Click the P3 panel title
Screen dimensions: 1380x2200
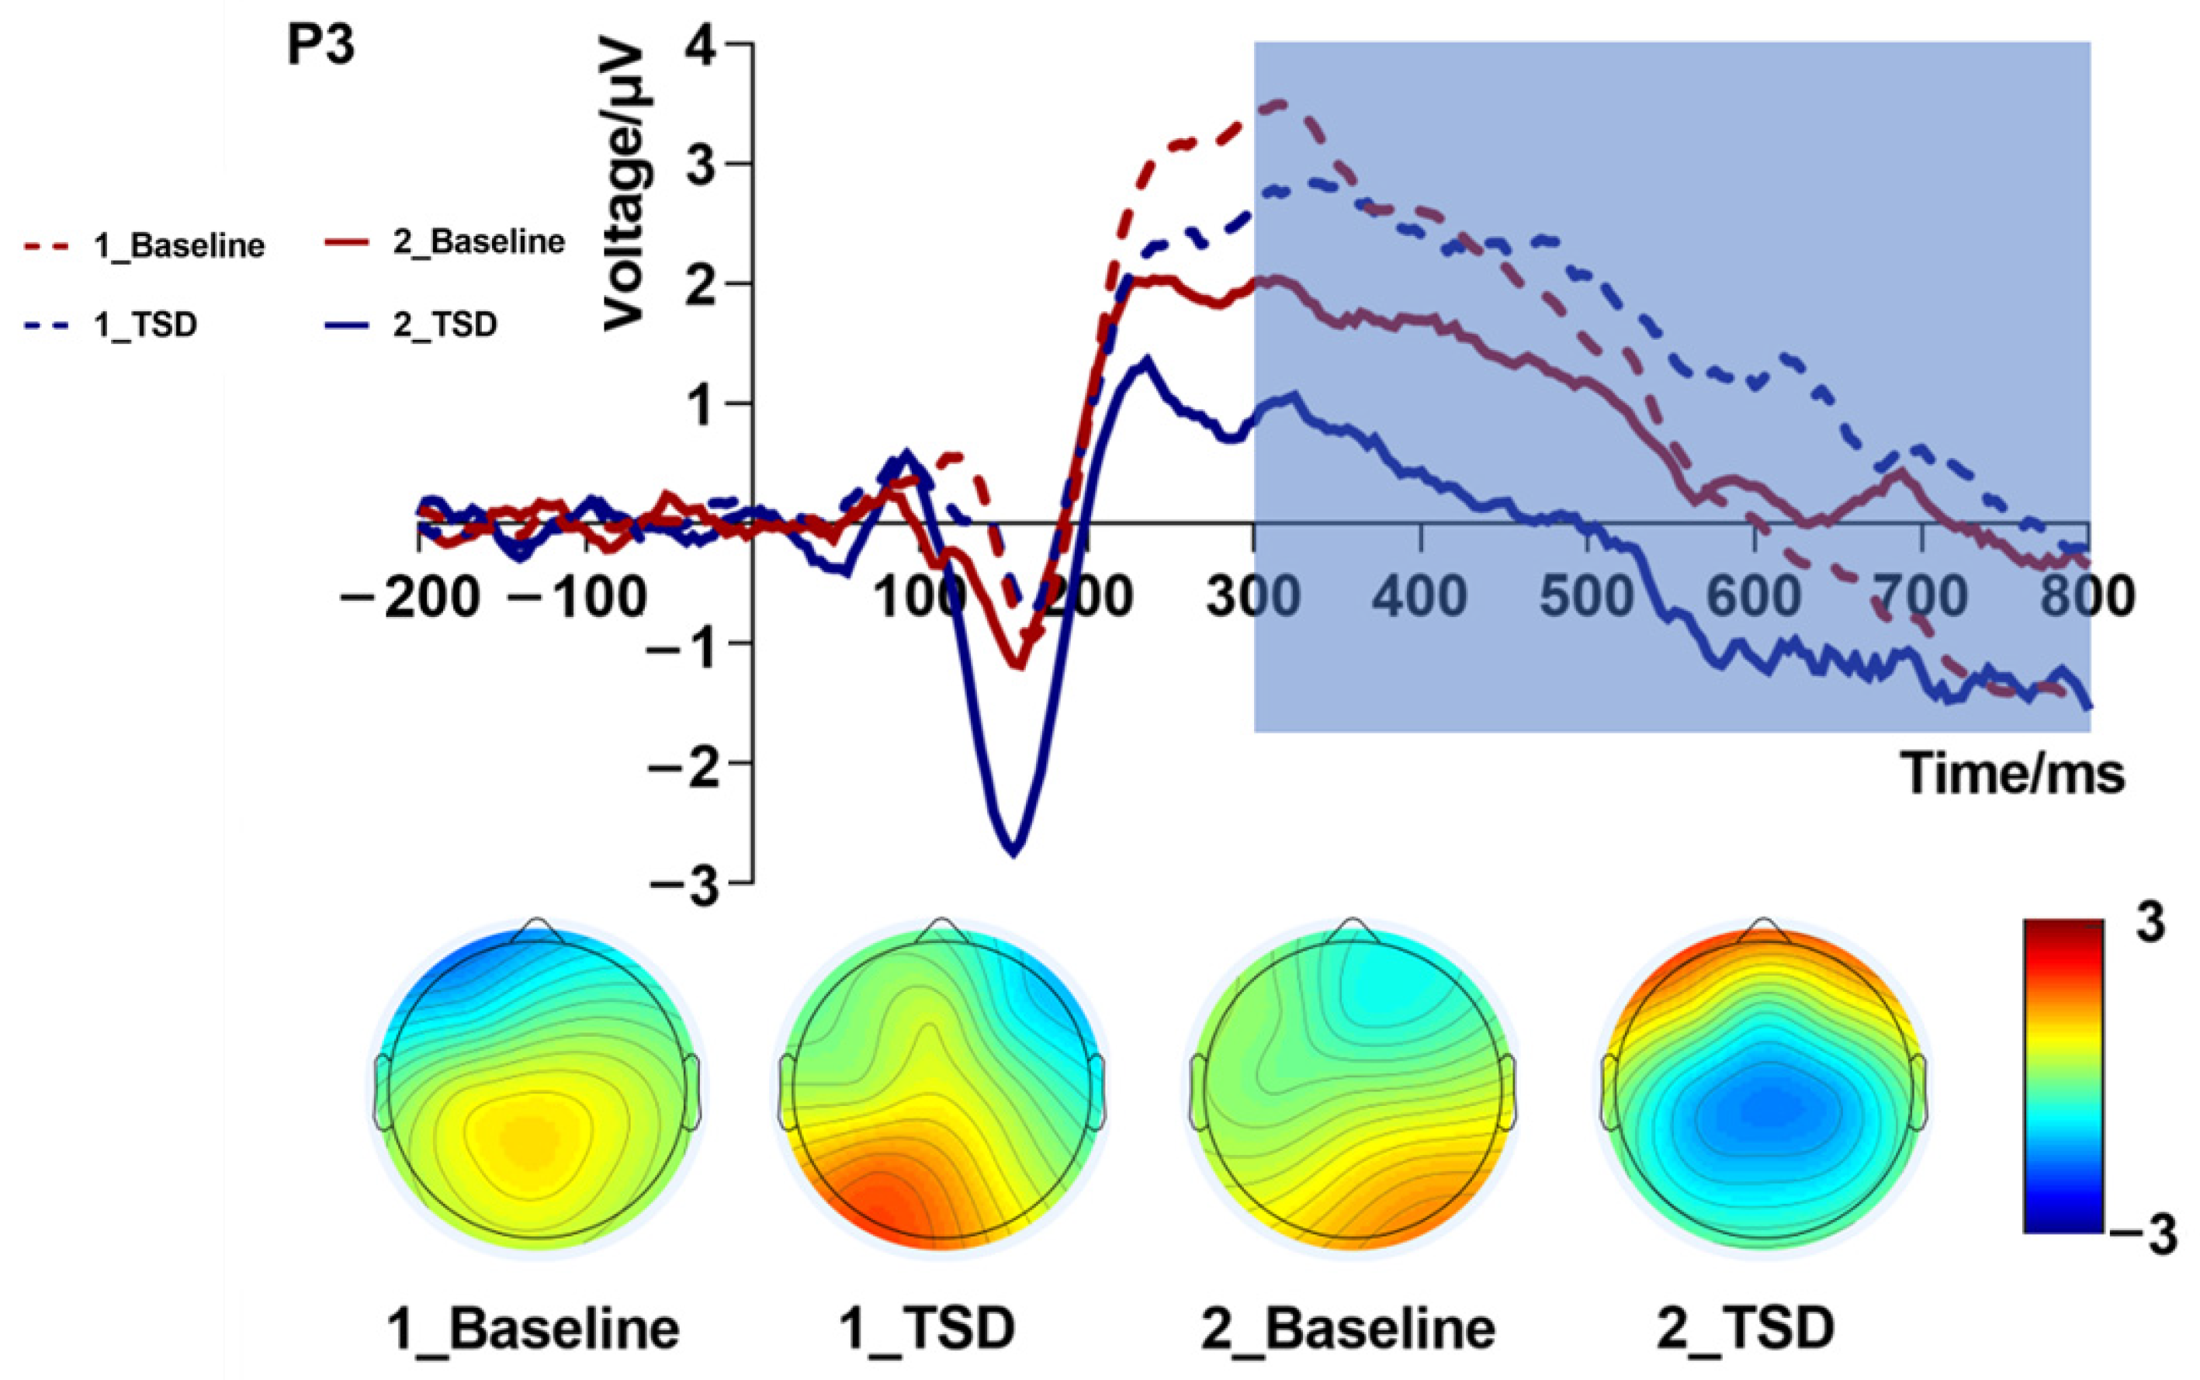click(x=320, y=47)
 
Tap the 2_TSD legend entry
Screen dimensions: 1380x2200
click(x=445, y=325)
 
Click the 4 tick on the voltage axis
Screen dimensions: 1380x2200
click(x=709, y=45)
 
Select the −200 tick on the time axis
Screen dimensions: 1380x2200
click(x=410, y=598)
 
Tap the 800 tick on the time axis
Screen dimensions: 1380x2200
click(x=2089, y=598)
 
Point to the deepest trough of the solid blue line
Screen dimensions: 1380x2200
click(x=1013, y=852)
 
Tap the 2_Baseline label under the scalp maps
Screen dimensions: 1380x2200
click(x=1348, y=1329)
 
